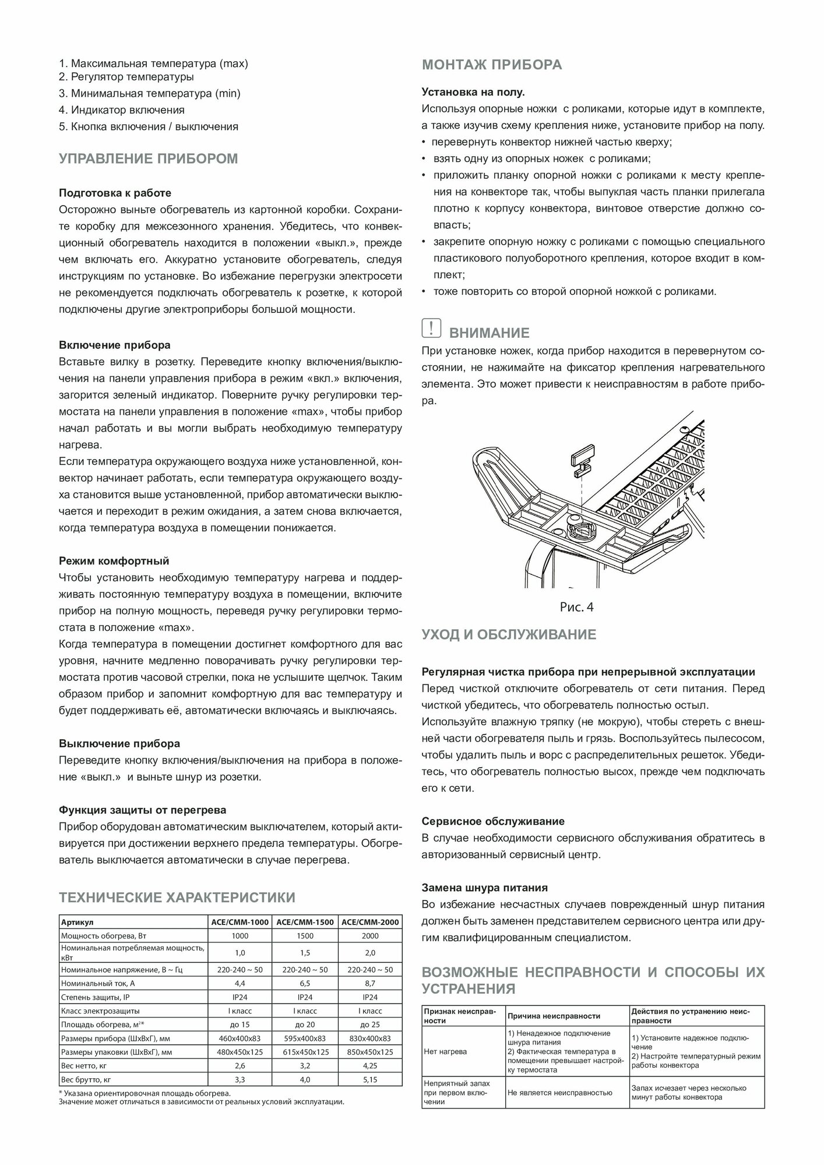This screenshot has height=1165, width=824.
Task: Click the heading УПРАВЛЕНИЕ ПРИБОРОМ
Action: click(x=148, y=159)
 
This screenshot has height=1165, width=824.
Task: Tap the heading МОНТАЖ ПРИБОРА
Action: click(x=492, y=65)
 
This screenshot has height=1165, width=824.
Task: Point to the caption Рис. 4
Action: click(x=576, y=607)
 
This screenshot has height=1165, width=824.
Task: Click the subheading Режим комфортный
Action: click(x=114, y=562)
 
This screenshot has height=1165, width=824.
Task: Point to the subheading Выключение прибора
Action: click(x=119, y=744)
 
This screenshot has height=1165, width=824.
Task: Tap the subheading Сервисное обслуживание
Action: click(x=493, y=821)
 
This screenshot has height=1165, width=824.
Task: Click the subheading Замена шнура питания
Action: click(x=484, y=888)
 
